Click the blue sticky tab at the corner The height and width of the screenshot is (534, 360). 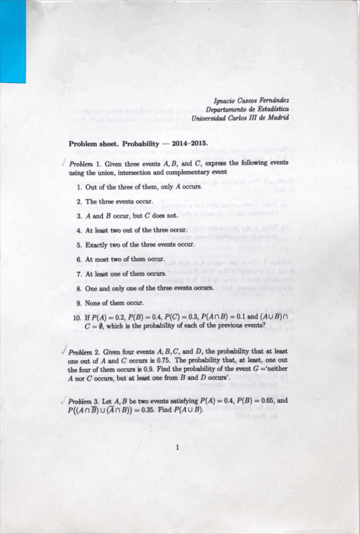[x=13, y=41]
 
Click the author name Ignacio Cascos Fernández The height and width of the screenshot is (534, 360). [x=252, y=100]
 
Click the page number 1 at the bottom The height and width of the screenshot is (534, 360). [x=178, y=448]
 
